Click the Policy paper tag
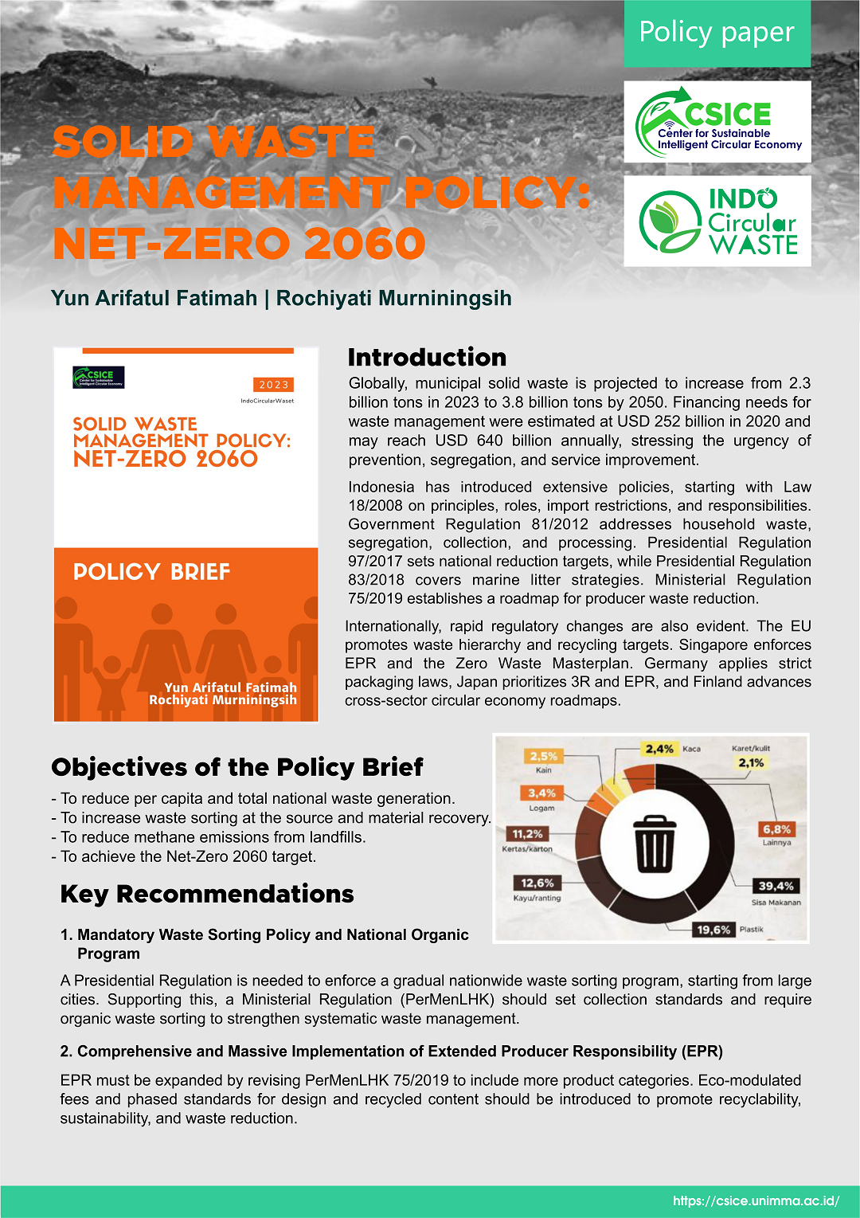click(x=717, y=33)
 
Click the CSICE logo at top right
click(x=717, y=122)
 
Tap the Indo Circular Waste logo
click(x=717, y=221)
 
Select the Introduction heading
click(x=427, y=357)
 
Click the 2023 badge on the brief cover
click(x=274, y=385)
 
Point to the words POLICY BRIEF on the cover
click(x=151, y=572)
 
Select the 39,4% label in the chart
click(x=776, y=886)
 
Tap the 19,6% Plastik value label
click(x=713, y=930)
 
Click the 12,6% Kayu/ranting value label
click(x=537, y=883)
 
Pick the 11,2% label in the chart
click(x=527, y=834)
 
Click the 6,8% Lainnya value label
click(x=776, y=829)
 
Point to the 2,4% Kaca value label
click(x=659, y=749)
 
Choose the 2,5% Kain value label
click(x=544, y=756)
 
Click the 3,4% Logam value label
click(x=541, y=793)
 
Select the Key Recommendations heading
click(x=207, y=894)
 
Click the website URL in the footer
click(x=756, y=1200)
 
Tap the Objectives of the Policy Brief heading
click(x=237, y=767)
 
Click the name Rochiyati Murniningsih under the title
click(x=393, y=298)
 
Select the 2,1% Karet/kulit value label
click(x=751, y=763)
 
